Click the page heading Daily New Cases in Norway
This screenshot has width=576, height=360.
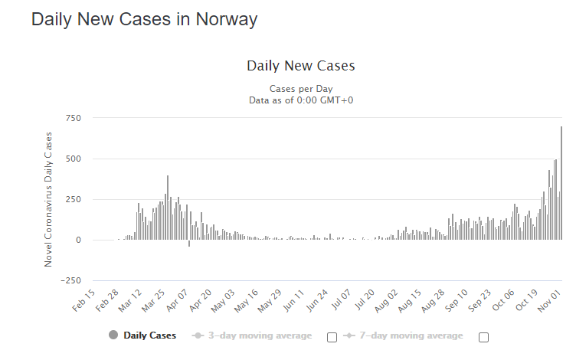click(144, 20)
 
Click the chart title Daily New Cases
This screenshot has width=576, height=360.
click(301, 65)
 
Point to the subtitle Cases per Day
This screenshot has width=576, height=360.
click(301, 88)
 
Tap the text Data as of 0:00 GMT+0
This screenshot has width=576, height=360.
click(301, 100)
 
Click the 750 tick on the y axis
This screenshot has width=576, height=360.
click(74, 118)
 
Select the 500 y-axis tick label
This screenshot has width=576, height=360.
click(74, 159)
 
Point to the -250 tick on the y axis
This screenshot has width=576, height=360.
click(72, 280)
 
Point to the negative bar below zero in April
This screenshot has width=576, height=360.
click(189, 244)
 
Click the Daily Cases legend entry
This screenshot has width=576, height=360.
click(150, 335)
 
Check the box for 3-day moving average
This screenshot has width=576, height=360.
click(332, 337)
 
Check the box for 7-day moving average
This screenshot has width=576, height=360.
click(483, 337)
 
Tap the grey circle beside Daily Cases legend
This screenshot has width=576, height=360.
click(114, 335)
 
